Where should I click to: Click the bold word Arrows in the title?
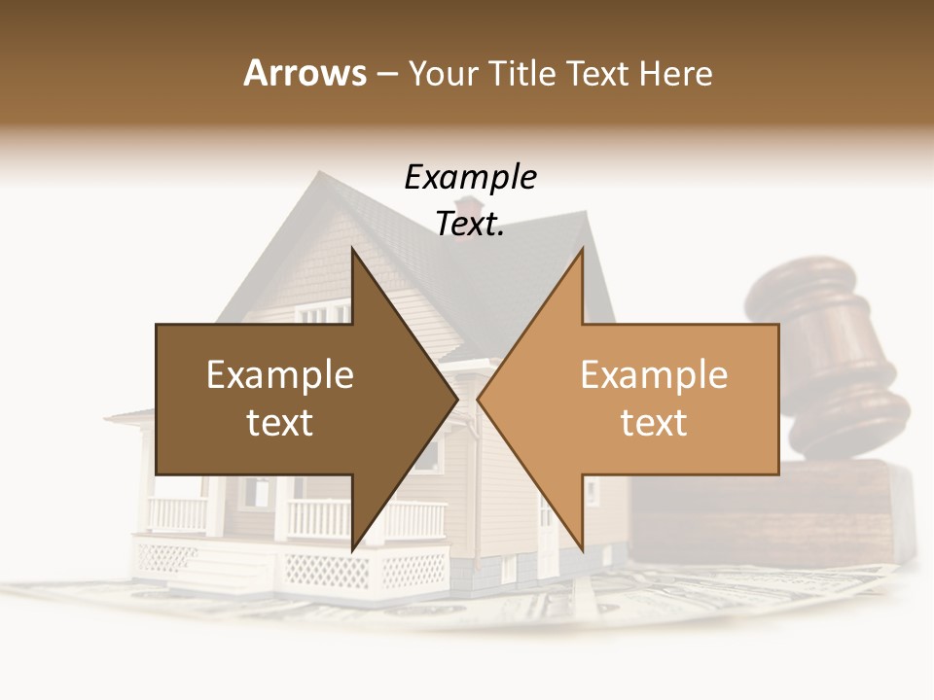[305, 73]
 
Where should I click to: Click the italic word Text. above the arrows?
[470, 225]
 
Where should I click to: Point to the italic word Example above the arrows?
[470, 178]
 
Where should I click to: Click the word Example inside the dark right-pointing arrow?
[279, 375]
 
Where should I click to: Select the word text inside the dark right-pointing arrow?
[279, 423]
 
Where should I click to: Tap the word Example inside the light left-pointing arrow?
[654, 375]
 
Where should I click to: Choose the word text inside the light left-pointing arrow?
[654, 423]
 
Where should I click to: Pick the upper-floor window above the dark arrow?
[321, 313]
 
